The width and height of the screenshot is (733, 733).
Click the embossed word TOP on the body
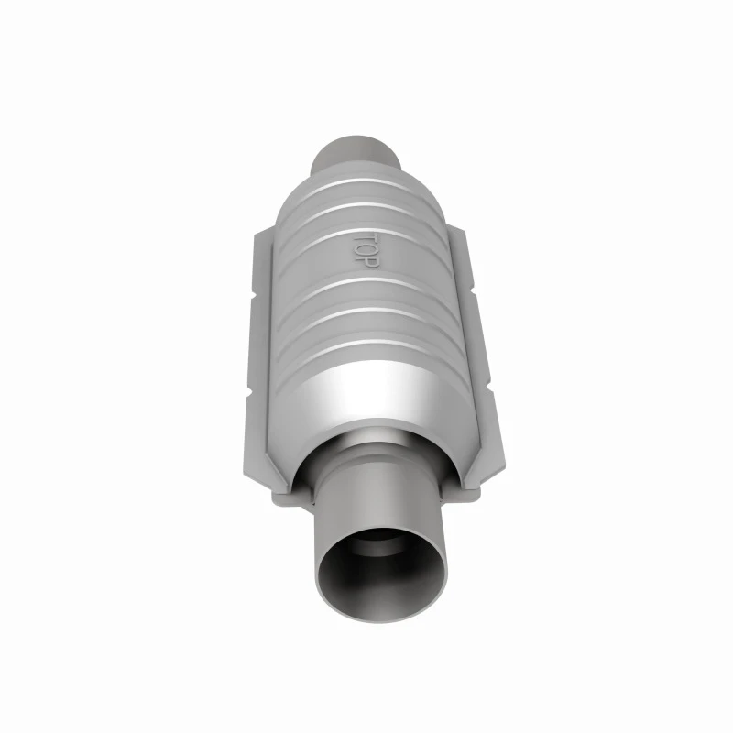(365, 250)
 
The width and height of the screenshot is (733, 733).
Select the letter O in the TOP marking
(365, 251)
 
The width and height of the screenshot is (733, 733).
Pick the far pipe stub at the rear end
(356, 154)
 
